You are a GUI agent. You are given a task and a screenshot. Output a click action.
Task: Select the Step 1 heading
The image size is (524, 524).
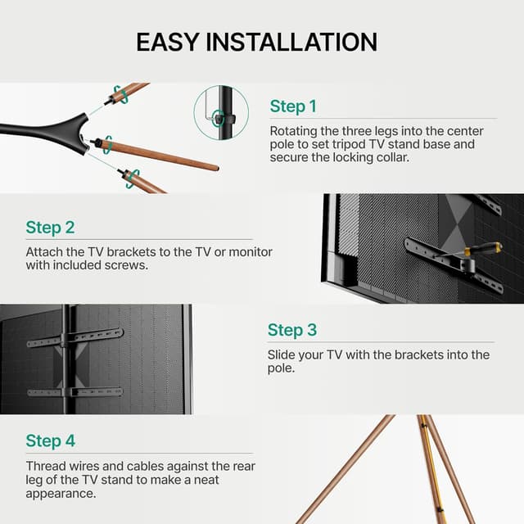coord(292,106)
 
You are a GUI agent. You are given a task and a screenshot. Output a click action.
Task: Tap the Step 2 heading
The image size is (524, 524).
coord(50,228)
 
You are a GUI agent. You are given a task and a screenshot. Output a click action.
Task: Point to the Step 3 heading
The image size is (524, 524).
coord(291,330)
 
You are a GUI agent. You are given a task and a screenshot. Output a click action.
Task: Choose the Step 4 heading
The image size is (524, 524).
coord(50,440)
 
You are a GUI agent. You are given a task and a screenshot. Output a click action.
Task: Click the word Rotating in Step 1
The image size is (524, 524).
coord(294,131)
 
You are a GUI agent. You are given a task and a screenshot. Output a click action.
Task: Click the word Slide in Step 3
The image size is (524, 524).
coord(282,355)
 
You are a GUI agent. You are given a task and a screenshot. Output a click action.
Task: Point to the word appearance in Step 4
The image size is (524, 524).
coord(61,494)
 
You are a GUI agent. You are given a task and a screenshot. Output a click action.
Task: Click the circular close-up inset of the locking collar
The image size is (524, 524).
coord(221,114)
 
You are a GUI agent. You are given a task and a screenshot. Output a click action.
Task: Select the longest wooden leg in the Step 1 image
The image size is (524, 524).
coord(164,156)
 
